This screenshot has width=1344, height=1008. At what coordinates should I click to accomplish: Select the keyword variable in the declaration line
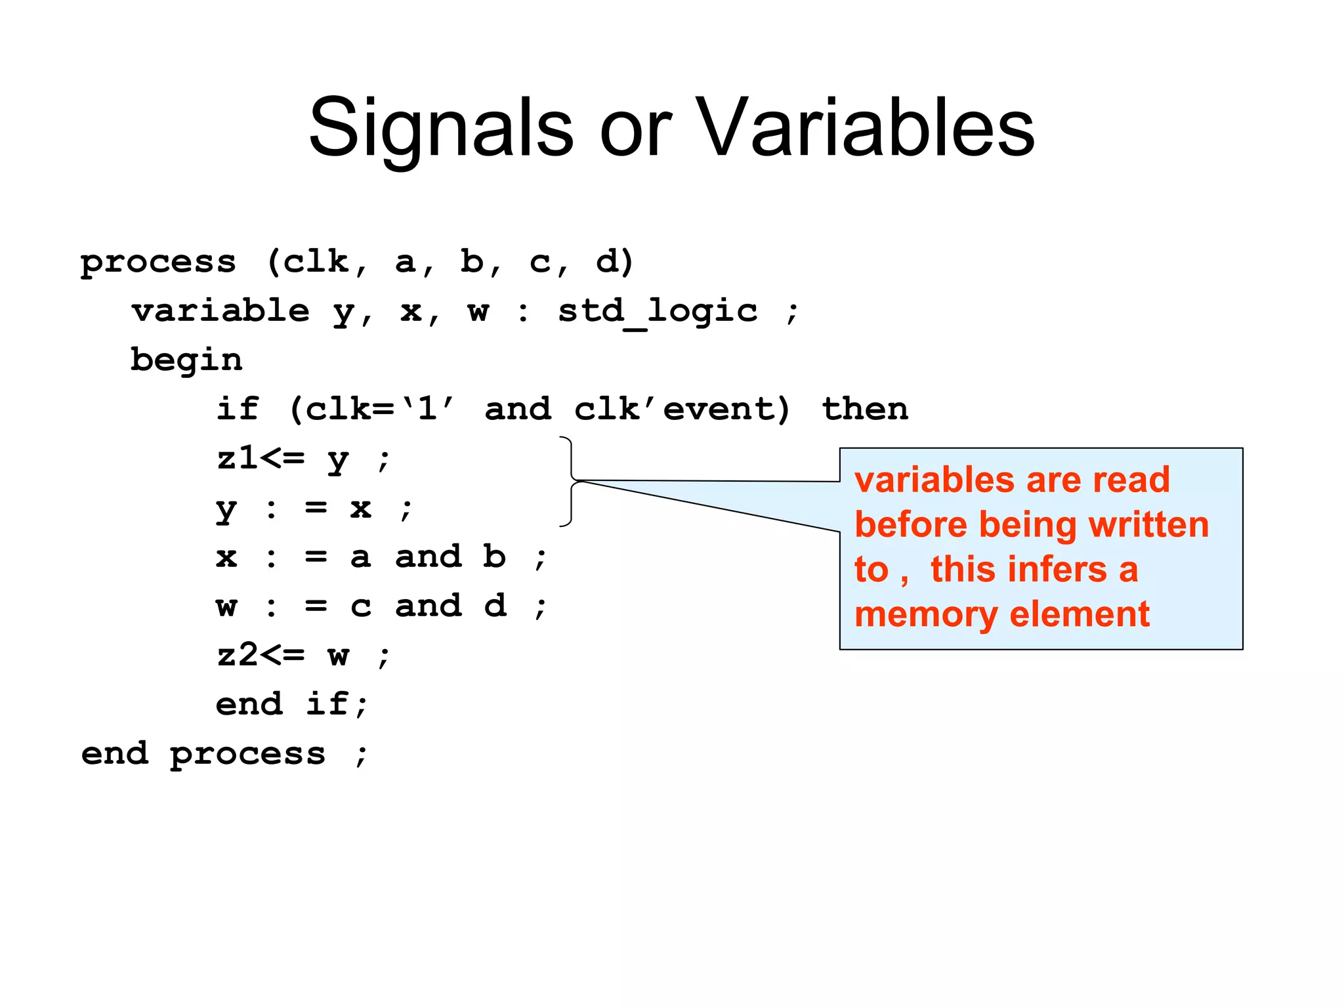(220, 310)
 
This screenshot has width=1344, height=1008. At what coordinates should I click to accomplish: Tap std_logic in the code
(658, 311)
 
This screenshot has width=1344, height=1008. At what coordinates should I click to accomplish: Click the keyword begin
(186, 360)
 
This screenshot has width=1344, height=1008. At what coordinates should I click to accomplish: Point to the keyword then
(865, 409)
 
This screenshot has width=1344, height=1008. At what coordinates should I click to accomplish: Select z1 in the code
(238, 458)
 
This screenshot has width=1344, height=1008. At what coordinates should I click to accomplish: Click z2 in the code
(238, 654)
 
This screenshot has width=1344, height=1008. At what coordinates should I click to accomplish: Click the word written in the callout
(1148, 525)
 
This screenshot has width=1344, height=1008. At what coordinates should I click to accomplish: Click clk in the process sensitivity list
(316, 262)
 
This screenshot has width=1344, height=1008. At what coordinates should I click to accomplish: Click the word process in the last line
(247, 754)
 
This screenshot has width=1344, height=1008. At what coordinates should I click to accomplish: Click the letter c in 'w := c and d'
(361, 606)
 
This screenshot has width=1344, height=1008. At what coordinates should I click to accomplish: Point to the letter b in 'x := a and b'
(495, 556)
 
